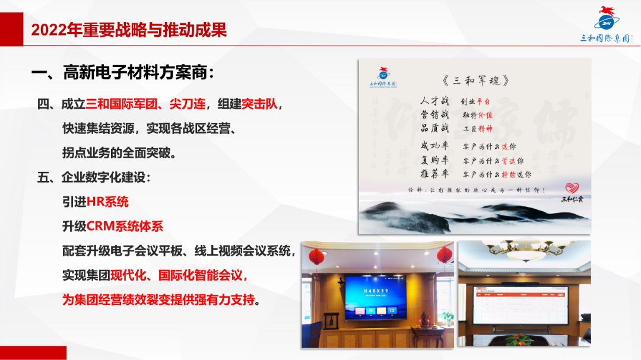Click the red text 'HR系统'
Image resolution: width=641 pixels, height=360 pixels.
[107, 202]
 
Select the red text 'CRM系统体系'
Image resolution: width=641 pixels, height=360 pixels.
[125, 226]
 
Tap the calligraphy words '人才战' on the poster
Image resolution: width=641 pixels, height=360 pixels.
[434, 100]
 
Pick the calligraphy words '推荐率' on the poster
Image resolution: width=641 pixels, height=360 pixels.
[434, 174]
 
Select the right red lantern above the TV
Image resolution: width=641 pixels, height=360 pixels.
[445, 256]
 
